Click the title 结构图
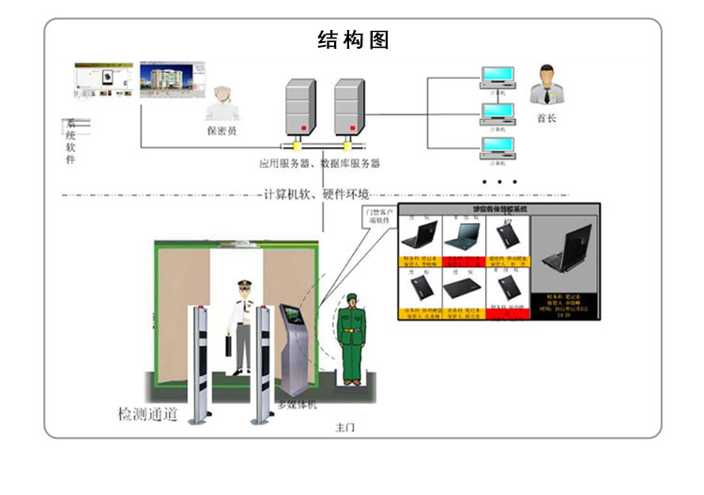353,40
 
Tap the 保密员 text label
222,130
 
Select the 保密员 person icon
222,102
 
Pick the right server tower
347,109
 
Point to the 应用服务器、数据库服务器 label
320,163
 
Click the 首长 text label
546,118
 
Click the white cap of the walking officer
243,283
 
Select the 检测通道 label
146,413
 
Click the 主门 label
346,427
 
